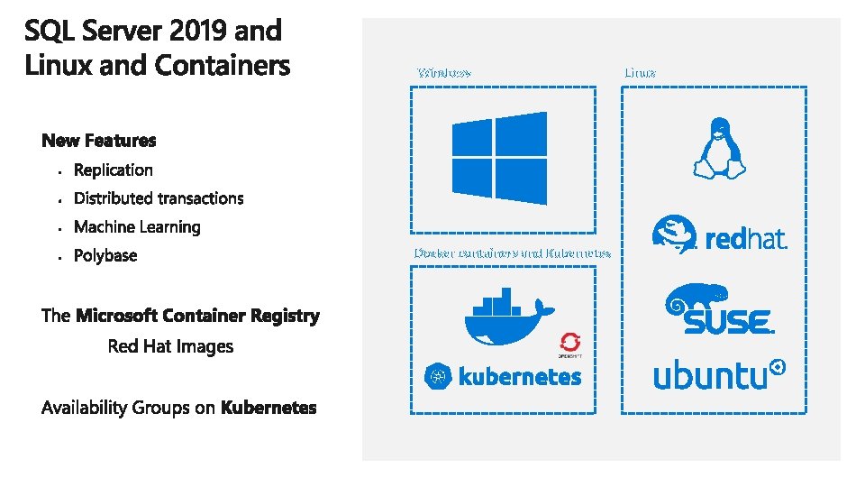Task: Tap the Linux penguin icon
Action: point(718,148)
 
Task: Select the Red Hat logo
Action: point(718,234)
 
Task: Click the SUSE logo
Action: point(718,308)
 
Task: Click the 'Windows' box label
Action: point(443,72)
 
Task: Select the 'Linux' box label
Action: point(640,72)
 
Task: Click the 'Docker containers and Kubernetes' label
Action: point(512,253)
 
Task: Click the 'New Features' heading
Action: point(99,141)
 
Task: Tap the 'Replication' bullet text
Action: point(114,170)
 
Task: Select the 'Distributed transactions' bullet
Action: point(159,198)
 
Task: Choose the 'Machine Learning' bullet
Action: point(137,227)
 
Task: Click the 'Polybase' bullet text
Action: point(105,256)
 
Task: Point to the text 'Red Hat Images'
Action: point(170,346)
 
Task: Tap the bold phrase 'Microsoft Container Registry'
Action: point(197,316)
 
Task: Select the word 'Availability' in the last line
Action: point(85,408)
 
